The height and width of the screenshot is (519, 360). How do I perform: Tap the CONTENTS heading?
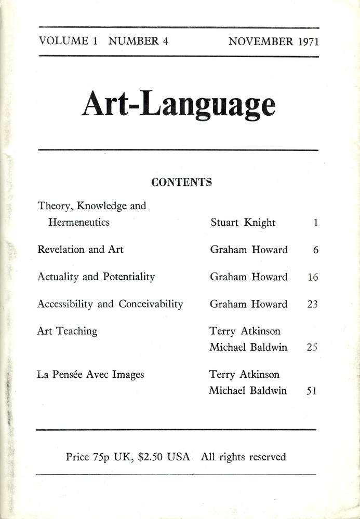181,182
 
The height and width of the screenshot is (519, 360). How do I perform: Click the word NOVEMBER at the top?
260,42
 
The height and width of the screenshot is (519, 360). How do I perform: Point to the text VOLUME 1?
68,42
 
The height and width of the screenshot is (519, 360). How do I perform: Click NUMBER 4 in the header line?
138,42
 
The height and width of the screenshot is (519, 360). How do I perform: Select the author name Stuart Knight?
243,223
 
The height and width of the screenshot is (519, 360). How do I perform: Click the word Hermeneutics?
79,223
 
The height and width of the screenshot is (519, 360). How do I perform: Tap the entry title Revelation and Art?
81,249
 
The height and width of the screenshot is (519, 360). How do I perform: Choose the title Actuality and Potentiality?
96,277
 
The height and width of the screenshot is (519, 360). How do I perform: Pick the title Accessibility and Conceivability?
110,304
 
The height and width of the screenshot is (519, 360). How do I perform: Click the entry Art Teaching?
67,331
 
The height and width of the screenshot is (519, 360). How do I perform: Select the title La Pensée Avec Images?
91,374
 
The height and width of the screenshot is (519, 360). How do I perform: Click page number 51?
312,391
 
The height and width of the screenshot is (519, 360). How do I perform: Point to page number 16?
312,277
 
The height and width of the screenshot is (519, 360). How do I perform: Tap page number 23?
312,305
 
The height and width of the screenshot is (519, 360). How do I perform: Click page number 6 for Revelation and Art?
315,250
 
